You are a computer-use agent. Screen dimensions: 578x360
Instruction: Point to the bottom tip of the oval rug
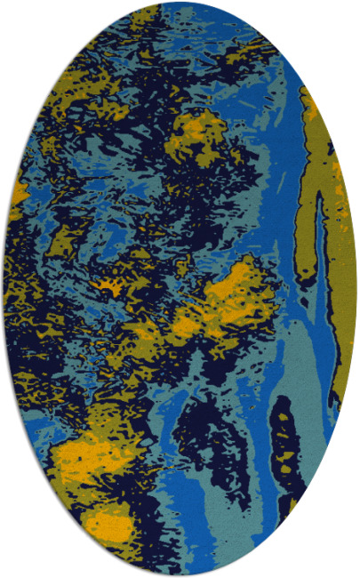180,574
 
